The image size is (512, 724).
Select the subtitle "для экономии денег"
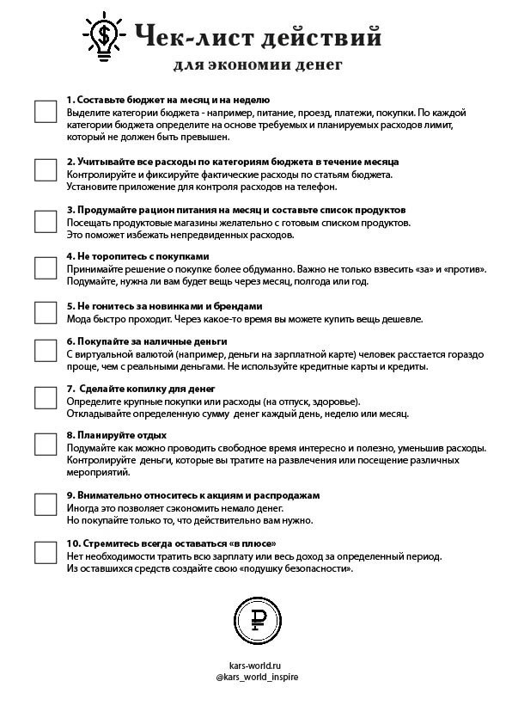pos(258,64)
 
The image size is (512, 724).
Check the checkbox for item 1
pos(46,112)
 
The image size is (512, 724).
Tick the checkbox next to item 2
pos(46,170)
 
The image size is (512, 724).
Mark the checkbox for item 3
pos(46,221)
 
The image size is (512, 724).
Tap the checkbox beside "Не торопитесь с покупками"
pos(46,268)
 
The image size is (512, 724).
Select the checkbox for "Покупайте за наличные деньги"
pos(46,350)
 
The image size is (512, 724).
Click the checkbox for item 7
pos(46,397)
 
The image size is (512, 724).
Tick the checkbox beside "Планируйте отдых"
pos(46,444)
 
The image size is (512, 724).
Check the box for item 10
pos(46,552)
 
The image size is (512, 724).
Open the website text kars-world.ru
pos(256,665)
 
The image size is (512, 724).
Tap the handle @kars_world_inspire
pos(257,677)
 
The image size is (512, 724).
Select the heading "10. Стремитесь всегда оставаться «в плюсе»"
pos(171,543)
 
